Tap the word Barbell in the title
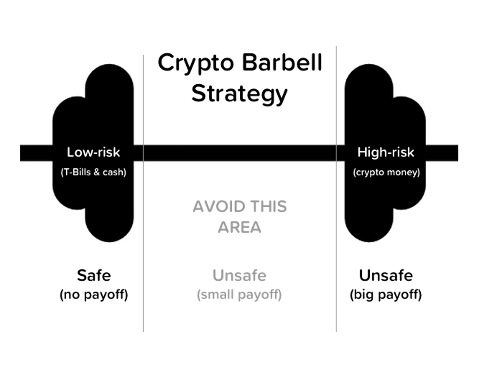point(282,62)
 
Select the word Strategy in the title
point(239,94)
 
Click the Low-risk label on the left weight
point(93,152)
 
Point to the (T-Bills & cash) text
point(93,172)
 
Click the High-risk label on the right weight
point(386,152)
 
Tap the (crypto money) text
point(386,173)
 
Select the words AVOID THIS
point(240,207)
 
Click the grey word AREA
point(239,227)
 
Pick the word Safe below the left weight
point(94,275)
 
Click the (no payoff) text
point(94,295)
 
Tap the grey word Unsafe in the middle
point(239,275)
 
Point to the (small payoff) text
point(239,295)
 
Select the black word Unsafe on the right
point(386,275)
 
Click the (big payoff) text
point(386,295)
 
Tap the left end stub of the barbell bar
point(37,153)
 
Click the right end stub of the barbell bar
point(442,153)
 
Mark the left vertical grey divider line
point(143,193)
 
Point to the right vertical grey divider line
point(336,189)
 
